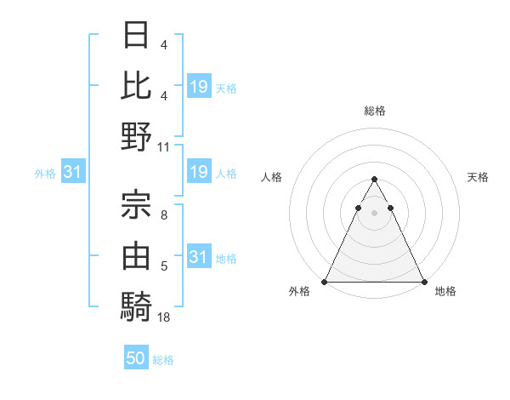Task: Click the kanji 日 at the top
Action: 136,35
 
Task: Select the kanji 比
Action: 136,85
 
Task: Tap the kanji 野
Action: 136,136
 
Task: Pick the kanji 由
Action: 136,253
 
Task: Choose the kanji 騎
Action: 136,305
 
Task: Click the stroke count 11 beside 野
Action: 164,146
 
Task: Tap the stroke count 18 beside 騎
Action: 164,317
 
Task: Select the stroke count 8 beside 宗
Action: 163,216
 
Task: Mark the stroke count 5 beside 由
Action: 163,267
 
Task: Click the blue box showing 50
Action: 136,358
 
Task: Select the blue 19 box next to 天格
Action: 199,87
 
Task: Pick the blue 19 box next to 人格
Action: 199,173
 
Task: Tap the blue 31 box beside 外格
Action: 72,173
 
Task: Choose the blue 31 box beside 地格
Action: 199,257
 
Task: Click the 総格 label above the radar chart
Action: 375,111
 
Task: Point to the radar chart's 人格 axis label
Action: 272,177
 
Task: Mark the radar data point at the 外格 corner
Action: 325,281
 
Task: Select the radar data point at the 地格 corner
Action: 423,281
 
